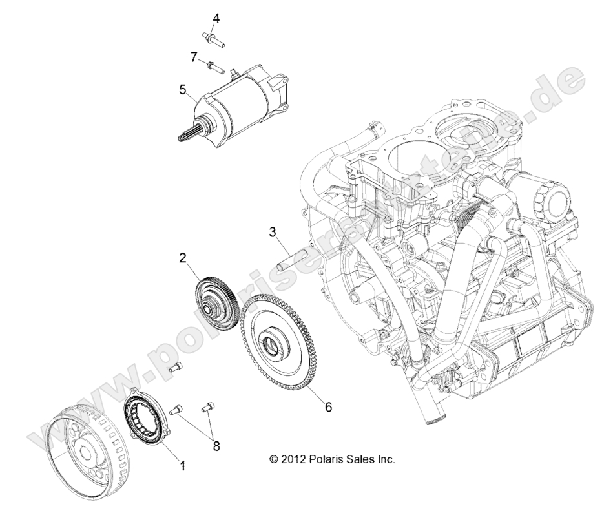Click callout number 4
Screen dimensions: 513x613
[216, 19]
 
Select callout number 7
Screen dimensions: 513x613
[194, 57]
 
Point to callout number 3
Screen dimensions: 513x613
[273, 231]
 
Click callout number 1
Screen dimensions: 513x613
[183, 465]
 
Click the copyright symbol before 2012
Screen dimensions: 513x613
[275, 460]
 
